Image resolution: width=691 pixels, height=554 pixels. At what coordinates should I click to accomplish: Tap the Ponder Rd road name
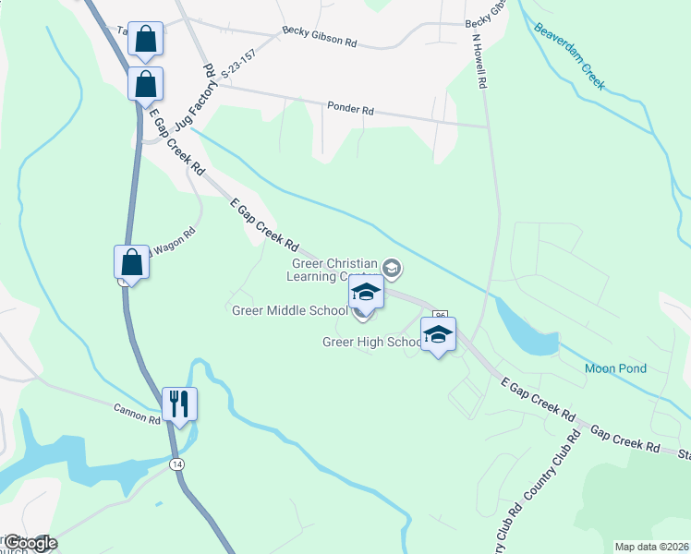[350, 109]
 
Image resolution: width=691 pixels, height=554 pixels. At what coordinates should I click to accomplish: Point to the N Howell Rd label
[479, 62]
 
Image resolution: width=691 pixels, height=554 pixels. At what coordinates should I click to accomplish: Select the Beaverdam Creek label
[569, 55]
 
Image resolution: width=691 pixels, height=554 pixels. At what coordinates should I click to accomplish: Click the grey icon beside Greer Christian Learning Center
[392, 269]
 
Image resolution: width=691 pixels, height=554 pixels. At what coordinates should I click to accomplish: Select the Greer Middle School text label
[289, 310]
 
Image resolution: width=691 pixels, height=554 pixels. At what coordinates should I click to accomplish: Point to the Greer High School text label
[371, 342]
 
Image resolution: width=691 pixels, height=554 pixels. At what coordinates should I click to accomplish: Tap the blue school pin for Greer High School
[439, 334]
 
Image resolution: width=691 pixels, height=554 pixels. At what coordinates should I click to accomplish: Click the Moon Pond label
[615, 368]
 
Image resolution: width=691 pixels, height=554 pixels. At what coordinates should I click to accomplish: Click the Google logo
[30, 543]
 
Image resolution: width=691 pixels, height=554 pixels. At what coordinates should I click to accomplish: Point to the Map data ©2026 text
[651, 547]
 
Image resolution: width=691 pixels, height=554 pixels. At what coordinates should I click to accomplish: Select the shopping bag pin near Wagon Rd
[132, 262]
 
